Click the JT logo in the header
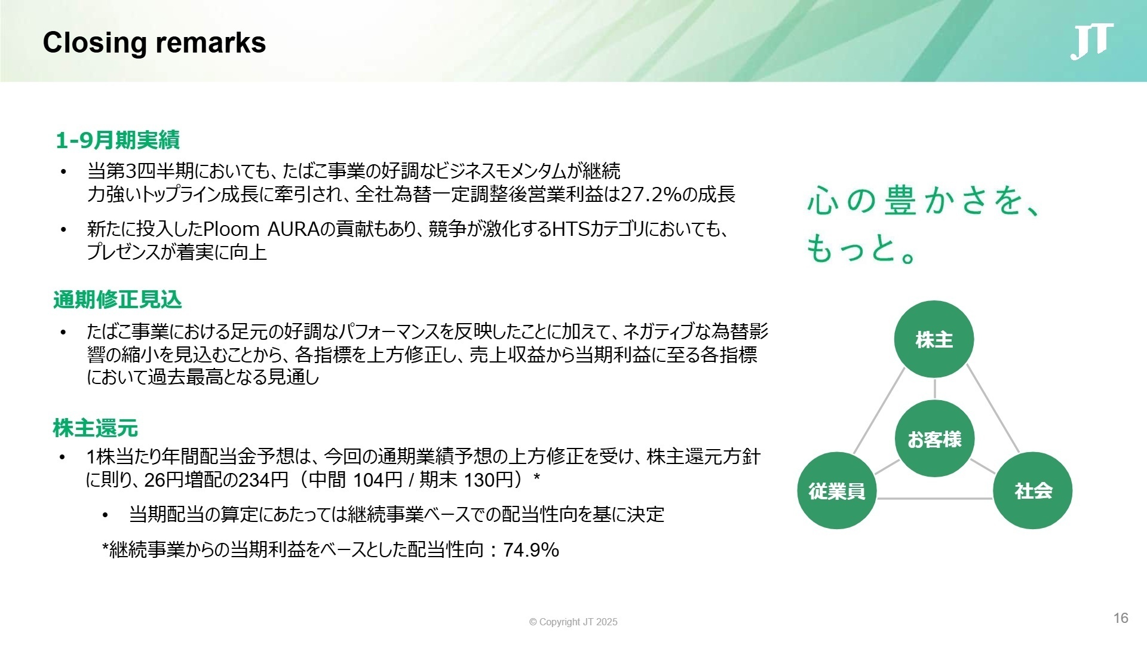1091,42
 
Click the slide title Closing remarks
154,43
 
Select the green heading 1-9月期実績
117,140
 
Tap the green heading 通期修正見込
117,300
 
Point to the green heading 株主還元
96,428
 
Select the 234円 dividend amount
263,480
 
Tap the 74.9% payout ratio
531,549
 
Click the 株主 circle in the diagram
934,340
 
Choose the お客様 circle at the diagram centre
934,439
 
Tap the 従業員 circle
836,491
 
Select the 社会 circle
1033,491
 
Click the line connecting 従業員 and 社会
935,498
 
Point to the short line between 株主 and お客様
934,389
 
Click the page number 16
1121,618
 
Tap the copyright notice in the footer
573,622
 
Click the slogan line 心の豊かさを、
923,201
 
